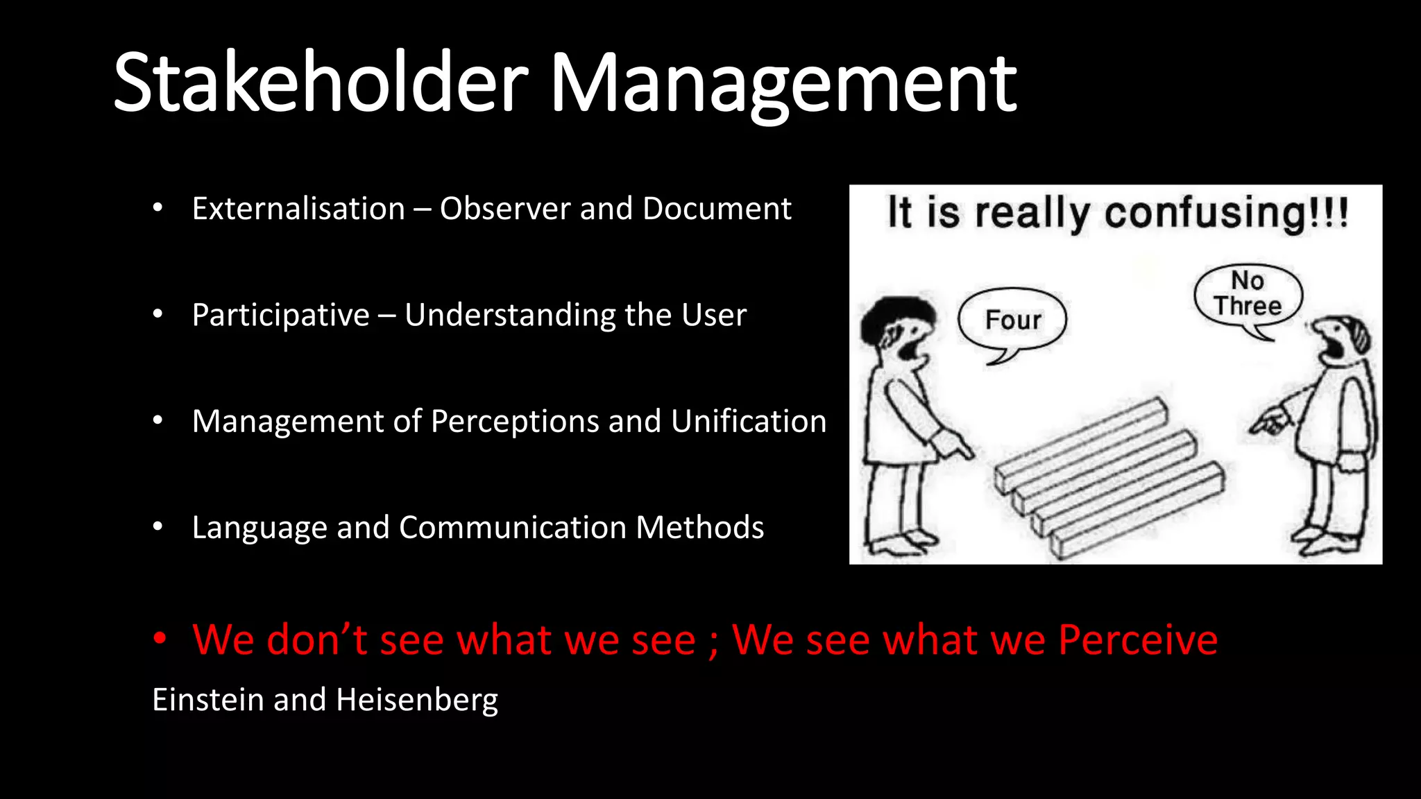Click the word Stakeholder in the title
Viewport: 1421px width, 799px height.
(x=321, y=83)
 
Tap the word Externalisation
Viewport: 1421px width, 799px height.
(x=298, y=209)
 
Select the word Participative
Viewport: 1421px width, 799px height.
(x=280, y=316)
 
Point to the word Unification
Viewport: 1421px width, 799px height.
(x=749, y=421)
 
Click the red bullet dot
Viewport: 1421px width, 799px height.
(x=160, y=638)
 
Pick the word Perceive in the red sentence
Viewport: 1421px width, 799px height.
(x=1138, y=639)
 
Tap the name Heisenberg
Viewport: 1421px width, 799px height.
(x=417, y=700)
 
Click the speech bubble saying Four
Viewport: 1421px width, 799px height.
(x=1012, y=320)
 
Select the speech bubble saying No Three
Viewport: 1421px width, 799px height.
(x=1248, y=295)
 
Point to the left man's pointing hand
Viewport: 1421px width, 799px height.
(x=954, y=446)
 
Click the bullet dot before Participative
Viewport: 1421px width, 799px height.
(x=158, y=315)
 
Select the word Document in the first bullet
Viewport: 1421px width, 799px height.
(x=717, y=209)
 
